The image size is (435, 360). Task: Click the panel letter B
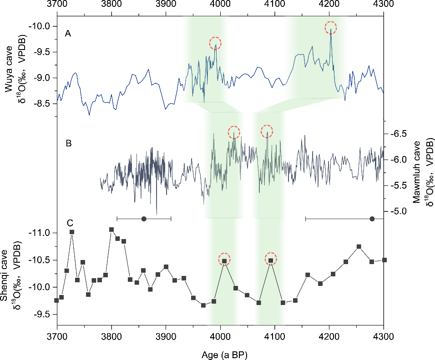pos(69,144)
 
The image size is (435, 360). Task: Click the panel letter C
pos(70,223)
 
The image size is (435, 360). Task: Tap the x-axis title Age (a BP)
pos(220,353)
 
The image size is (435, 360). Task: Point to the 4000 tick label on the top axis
pos(220,6)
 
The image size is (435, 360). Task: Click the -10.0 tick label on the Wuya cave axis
pos(43,26)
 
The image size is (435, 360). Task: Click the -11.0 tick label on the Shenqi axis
pos(42,233)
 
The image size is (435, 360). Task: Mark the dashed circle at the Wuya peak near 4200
pos(331,28)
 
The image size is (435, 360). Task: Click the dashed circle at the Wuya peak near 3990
pos(215,43)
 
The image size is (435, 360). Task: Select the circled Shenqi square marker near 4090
pos(271,260)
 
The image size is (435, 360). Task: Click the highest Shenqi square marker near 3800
pos(111,230)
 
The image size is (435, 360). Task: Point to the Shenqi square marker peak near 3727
pos(72,232)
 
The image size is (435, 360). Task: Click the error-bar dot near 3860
pos(144,219)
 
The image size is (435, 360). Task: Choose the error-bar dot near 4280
pos(372,219)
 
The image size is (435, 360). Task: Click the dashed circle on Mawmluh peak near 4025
pos(234,132)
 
